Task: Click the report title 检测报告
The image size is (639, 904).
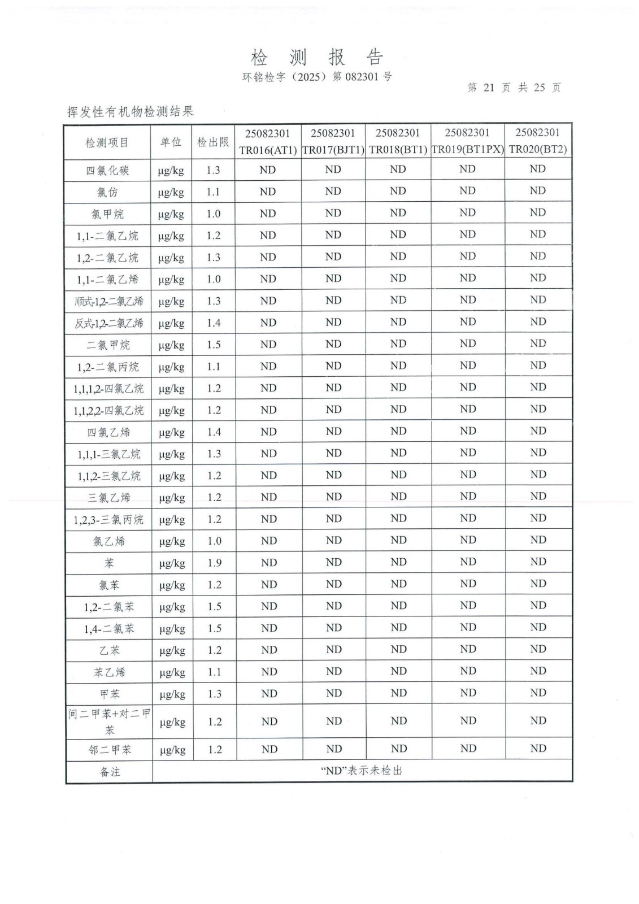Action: [x=317, y=57]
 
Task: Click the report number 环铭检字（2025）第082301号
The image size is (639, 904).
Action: [x=317, y=77]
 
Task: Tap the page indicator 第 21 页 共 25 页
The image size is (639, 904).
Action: [x=514, y=88]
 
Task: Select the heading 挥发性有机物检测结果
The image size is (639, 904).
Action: [x=131, y=111]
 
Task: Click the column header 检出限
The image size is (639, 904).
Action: [x=213, y=142]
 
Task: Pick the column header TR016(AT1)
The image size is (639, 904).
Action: [x=268, y=150]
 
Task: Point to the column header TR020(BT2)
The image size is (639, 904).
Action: [x=537, y=149]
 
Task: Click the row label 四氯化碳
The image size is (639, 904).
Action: [x=107, y=170]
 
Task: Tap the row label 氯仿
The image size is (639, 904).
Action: [x=107, y=192]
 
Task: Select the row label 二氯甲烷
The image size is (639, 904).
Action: [x=108, y=345]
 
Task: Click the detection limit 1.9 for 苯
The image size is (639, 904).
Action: [x=214, y=563]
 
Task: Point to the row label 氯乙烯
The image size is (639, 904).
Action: [x=109, y=541]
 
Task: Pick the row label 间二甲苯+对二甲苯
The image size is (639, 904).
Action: [x=110, y=722]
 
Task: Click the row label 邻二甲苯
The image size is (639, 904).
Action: [x=110, y=750]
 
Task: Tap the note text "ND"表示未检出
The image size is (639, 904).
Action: [x=362, y=771]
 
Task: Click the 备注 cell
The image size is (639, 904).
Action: [x=110, y=772]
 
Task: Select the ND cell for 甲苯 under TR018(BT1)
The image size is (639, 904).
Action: [x=399, y=693]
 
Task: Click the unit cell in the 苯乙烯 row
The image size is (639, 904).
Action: [x=172, y=672]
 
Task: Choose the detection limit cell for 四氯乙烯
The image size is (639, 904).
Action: [x=214, y=432]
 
